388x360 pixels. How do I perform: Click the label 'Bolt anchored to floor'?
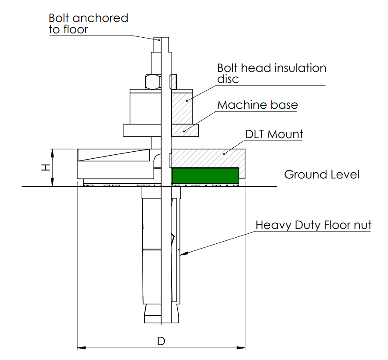point(88,24)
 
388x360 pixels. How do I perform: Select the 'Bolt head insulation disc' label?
point(272,73)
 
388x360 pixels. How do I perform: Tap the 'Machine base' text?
point(258,105)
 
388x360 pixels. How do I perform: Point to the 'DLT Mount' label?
point(274,134)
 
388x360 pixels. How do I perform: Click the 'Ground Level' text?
point(322,175)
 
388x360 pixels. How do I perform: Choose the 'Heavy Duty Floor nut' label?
point(313,225)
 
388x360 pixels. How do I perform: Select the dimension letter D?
point(161,341)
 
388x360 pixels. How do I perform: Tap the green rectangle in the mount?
point(205,175)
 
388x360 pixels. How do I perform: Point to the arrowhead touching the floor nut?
point(183,253)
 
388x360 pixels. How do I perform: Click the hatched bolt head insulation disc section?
point(181,107)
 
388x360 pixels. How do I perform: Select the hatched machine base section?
point(185,130)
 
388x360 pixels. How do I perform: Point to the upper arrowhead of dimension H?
point(53,152)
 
